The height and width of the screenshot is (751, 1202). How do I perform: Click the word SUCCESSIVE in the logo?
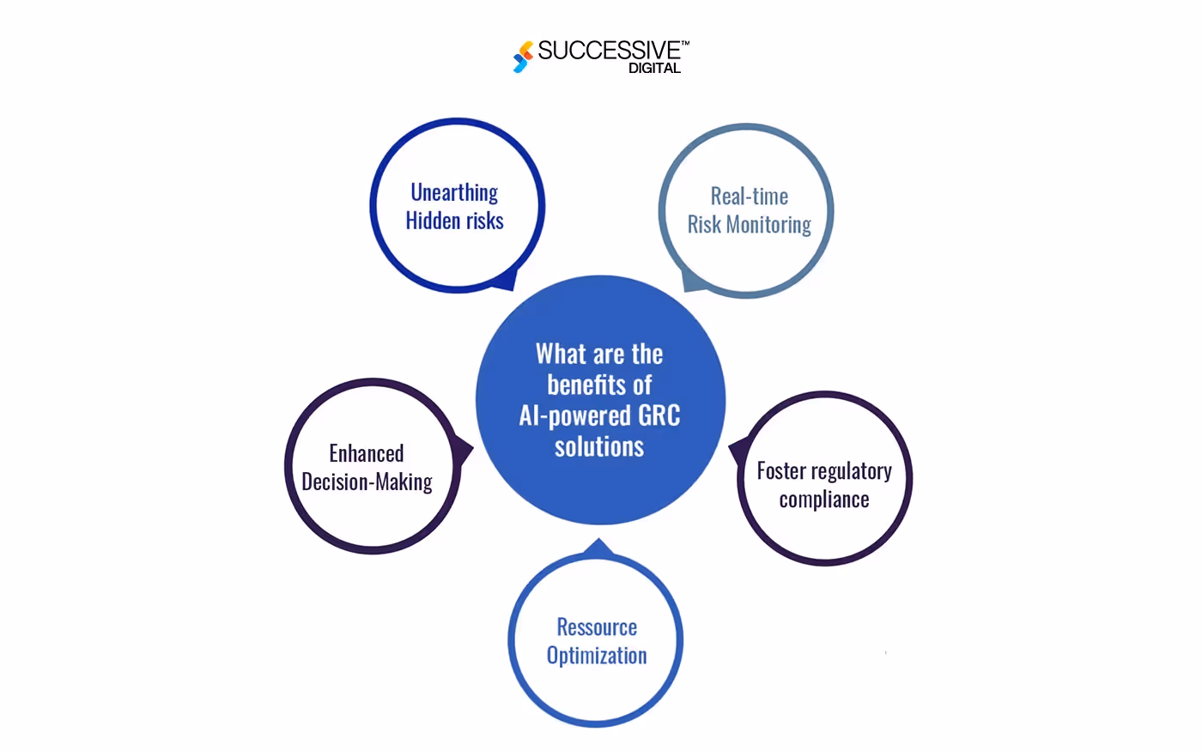(610, 51)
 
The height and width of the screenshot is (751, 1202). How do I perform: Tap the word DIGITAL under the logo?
(654, 68)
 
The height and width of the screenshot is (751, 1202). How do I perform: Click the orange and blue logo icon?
(523, 57)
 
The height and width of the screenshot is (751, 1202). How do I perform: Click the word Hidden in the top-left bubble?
(431, 221)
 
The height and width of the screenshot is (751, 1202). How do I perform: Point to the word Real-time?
(749, 197)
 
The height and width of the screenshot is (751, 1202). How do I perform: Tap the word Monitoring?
(768, 226)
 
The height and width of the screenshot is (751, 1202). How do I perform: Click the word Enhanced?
(367, 454)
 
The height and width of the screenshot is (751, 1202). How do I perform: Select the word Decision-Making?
(367, 482)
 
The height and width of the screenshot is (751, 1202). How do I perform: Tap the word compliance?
(824, 500)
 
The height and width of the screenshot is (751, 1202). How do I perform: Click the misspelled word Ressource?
(597, 627)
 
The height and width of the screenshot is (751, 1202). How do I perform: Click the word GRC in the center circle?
(659, 415)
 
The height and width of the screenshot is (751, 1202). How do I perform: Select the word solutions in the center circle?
(599, 446)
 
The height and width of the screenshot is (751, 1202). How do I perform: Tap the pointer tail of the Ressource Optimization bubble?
(598, 548)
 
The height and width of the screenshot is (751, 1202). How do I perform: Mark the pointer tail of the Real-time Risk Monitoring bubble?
(692, 282)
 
